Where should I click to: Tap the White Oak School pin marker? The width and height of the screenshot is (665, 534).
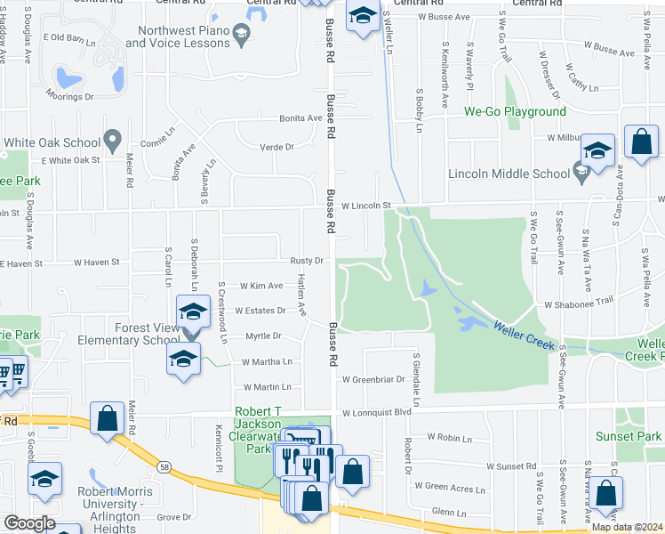(112, 139)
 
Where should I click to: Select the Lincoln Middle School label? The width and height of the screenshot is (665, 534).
(509, 174)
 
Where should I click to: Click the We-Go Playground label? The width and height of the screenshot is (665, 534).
(515, 111)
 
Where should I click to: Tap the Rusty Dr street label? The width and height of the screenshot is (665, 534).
(305, 261)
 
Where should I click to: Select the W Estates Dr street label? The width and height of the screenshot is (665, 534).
(260, 311)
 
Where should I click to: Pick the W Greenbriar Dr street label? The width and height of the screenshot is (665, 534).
(373, 378)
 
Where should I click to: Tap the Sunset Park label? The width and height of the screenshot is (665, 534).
(642, 437)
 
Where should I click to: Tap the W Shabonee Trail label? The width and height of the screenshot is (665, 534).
(579, 303)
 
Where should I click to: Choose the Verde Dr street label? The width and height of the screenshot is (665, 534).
(276, 147)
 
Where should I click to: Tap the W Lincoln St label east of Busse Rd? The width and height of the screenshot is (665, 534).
(366, 206)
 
